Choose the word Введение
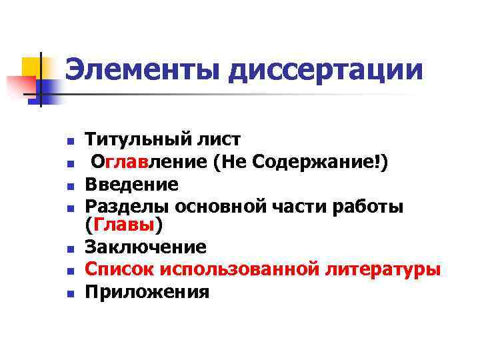pyautogui.click(x=131, y=183)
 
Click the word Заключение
pyautogui.click(x=146, y=248)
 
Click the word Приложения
pyautogui.click(x=147, y=292)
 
